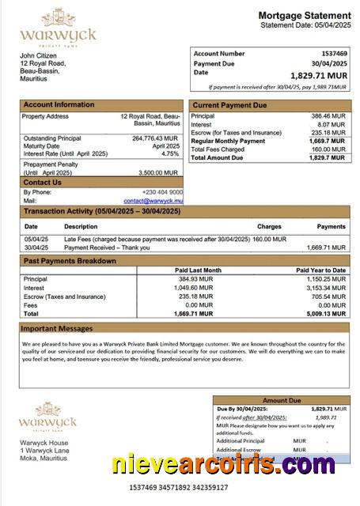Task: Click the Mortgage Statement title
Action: click(305, 16)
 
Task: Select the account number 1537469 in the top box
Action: click(332, 53)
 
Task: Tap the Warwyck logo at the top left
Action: click(57, 28)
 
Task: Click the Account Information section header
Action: click(59, 104)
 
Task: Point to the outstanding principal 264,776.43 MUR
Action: click(155, 138)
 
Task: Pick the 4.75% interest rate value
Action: click(170, 154)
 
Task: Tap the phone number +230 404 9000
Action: click(162, 192)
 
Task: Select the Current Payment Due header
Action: click(230, 105)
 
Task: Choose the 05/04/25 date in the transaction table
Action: click(36, 239)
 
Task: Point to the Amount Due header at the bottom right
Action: click(281, 400)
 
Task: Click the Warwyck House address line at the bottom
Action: click(44, 443)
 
